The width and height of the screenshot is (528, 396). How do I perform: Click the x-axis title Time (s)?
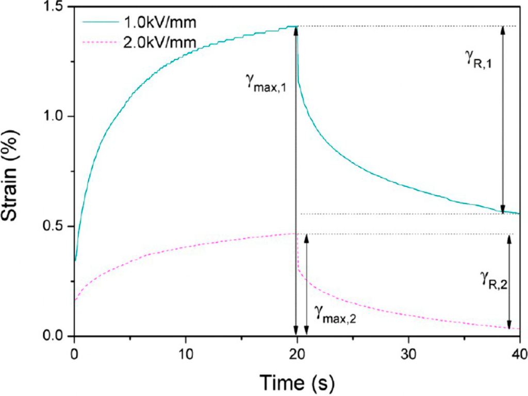click(x=296, y=383)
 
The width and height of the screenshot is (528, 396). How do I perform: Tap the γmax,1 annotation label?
click(x=267, y=83)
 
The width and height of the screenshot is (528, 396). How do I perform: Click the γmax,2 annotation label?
click(x=335, y=312)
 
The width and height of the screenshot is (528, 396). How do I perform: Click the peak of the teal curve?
click(x=296, y=26)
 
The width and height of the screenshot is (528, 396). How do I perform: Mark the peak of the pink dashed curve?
click(x=296, y=234)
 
